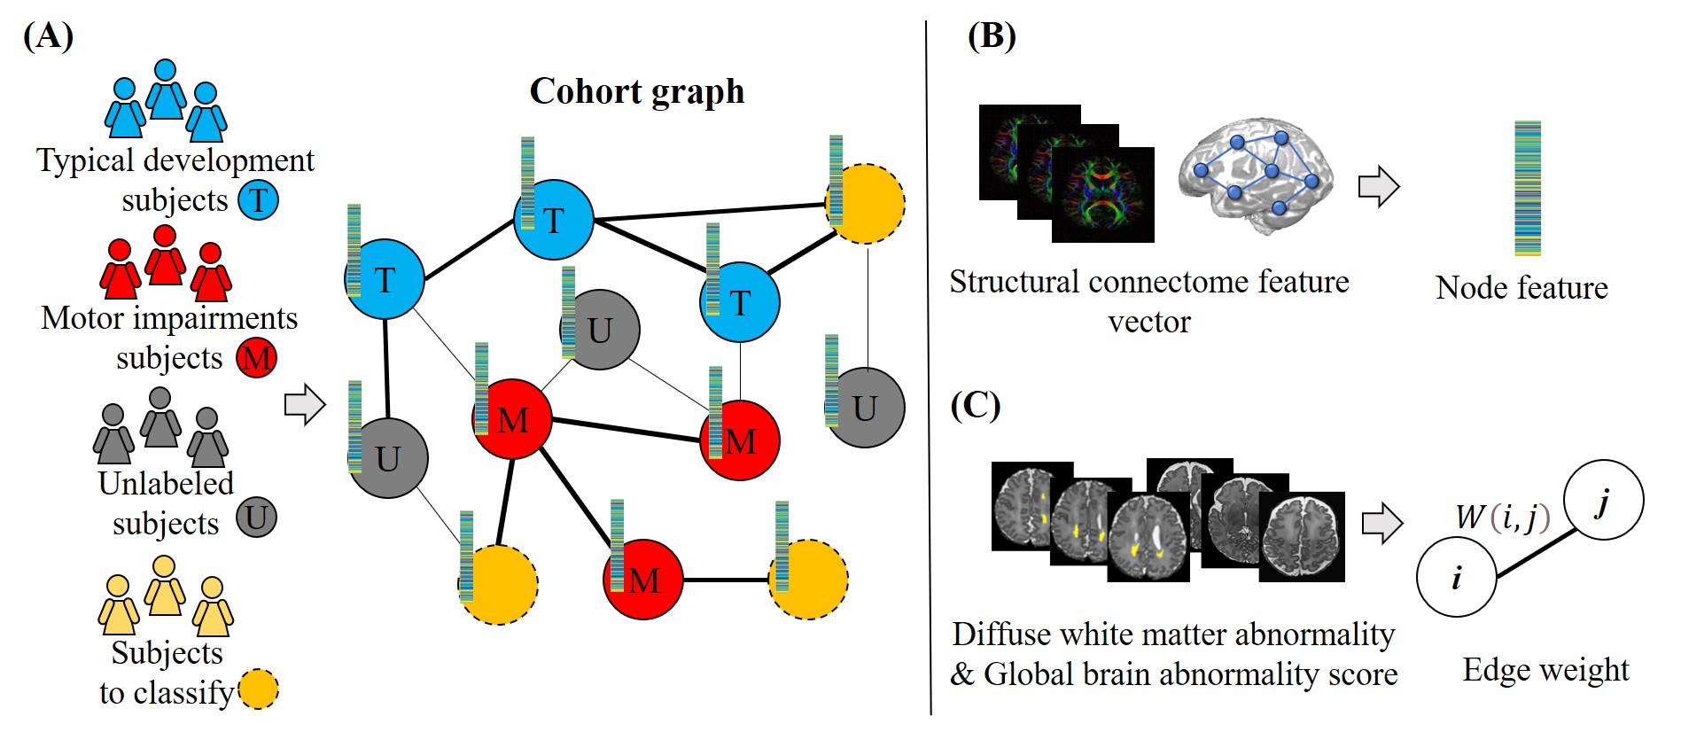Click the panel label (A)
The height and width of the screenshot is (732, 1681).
[48, 36]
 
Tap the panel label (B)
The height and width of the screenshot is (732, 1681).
[991, 36]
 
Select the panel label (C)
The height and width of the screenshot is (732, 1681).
[975, 405]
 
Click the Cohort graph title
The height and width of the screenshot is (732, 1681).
[636, 91]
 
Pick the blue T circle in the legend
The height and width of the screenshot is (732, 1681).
[258, 199]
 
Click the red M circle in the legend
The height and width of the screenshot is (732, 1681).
[256, 358]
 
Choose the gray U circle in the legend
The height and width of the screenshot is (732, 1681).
[256, 518]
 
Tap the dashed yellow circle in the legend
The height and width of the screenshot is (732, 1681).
[258, 689]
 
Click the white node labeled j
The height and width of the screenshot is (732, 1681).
[1603, 500]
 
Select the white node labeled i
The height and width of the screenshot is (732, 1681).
[1456, 577]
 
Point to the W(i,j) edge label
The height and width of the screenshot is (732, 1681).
[1502, 517]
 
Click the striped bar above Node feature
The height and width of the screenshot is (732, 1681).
[1528, 188]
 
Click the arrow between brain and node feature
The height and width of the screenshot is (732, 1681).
[1378, 187]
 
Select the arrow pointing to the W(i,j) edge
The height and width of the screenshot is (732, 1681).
[1381, 523]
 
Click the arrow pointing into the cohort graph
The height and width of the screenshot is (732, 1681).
[305, 404]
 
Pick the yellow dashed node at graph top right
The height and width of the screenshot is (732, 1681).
[866, 203]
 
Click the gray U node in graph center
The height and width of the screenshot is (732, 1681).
[601, 330]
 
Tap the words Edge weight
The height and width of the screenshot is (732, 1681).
[1545, 670]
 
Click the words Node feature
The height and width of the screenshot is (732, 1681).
[1521, 288]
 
